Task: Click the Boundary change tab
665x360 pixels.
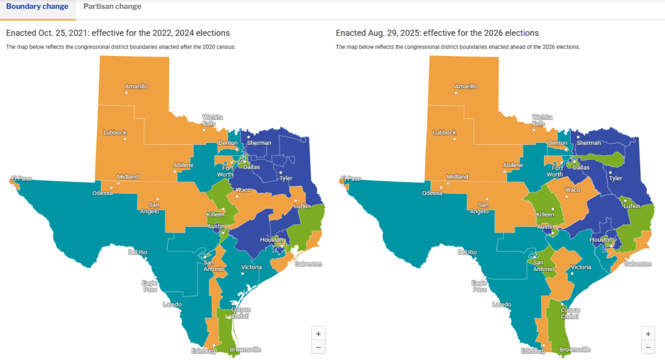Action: [x=37, y=6]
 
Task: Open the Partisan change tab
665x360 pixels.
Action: [x=112, y=6]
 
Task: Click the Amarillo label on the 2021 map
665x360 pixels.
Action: [x=137, y=86]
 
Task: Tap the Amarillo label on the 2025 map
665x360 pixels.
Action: [x=466, y=86]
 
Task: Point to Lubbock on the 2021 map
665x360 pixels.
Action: [x=114, y=133]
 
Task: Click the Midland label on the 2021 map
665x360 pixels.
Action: [x=127, y=177]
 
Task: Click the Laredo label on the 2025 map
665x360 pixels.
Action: [x=501, y=304]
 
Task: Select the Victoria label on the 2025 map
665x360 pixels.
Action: [x=580, y=268]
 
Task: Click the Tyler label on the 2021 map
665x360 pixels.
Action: [x=285, y=177]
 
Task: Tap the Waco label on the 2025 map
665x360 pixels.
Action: [x=573, y=190]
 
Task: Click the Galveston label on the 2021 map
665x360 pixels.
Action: [x=308, y=264]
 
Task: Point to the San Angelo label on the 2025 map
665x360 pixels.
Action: [x=478, y=207]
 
